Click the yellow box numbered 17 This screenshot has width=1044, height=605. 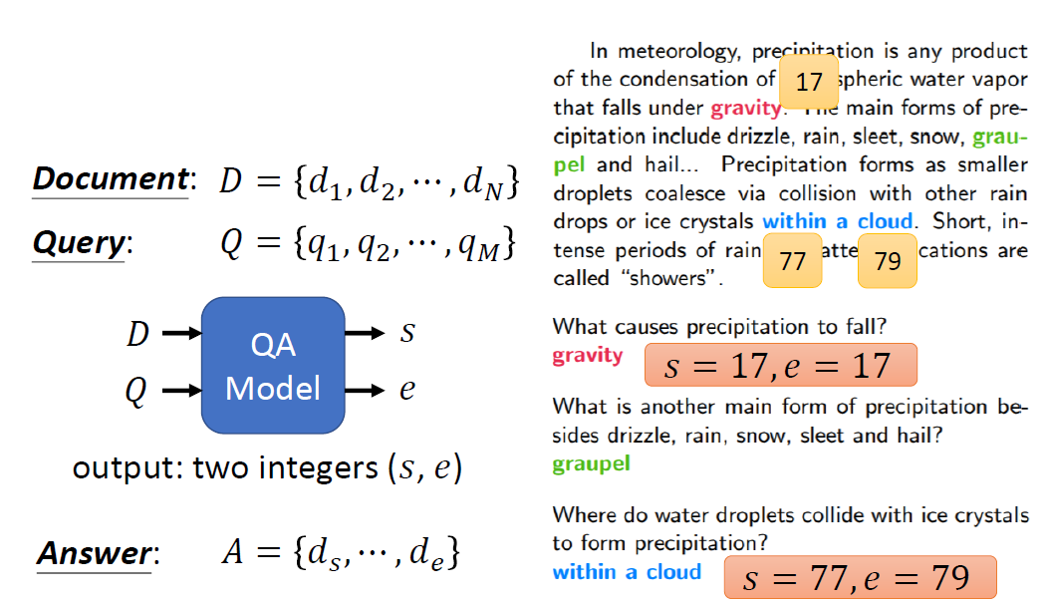(808, 82)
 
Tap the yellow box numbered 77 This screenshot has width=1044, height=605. (792, 261)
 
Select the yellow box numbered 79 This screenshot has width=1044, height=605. (887, 261)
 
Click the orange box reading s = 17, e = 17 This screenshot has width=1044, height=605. (781, 366)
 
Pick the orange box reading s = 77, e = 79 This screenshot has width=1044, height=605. (860, 577)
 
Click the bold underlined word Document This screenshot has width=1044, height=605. (110, 179)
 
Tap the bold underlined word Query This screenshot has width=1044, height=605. (80, 243)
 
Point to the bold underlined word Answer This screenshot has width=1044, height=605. (96, 553)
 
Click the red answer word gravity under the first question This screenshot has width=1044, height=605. (588, 356)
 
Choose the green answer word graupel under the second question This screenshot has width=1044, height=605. (591, 463)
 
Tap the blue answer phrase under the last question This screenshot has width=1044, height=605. (627, 572)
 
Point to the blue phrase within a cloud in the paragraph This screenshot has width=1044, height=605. (838, 221)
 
